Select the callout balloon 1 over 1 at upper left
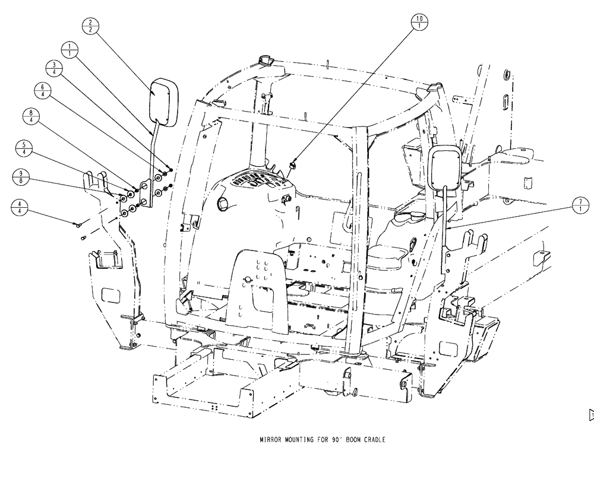pyautogui.click(x=70, y=49)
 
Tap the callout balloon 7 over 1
pyautogui.click(x=580, y=206)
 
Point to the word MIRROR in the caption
pyautogui.click(x=271, y=440)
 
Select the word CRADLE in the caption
pyautogui.click(x=373, y=440)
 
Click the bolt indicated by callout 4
pyautogui.click(x=78, y=224)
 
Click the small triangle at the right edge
pyautogui.click(x=590, y=414)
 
